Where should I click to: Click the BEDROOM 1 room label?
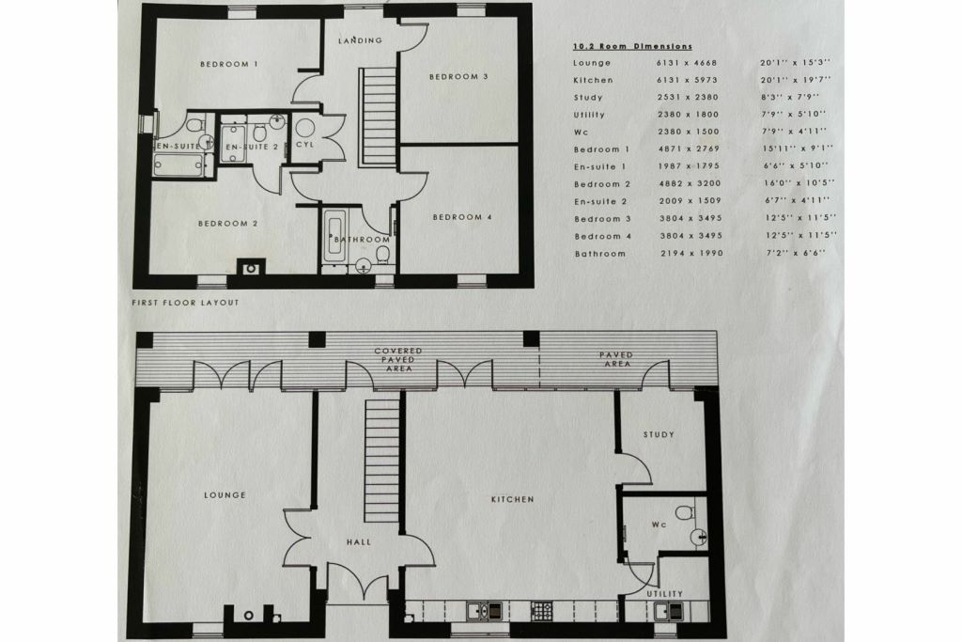(229, 64)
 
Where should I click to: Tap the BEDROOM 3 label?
(458, 77)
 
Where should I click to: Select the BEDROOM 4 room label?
(461, 218)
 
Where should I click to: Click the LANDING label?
(362, 40)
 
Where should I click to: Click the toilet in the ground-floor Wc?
(685, 512)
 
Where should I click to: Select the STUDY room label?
(659, 435)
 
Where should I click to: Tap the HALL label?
(358, 542)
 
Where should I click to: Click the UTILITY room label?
(664, 594)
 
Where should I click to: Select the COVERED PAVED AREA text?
(398, 359)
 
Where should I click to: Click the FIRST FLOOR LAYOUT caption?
(186, 303)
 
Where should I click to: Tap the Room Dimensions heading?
(632, 45)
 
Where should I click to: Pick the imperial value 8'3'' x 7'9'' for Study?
(789, 98)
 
